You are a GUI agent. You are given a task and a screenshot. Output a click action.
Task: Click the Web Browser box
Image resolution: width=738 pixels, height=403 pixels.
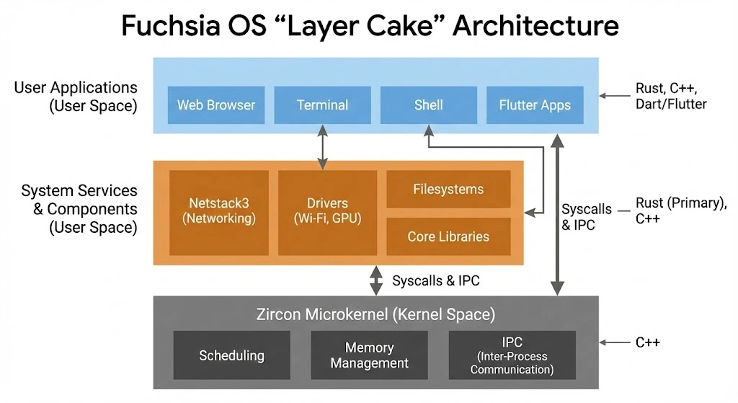(x=216, y=105)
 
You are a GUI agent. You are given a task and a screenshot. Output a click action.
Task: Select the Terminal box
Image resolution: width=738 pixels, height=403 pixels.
(x=322, y=105)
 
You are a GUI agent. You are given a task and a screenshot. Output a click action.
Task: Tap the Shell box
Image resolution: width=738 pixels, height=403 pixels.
(x=428, y=105)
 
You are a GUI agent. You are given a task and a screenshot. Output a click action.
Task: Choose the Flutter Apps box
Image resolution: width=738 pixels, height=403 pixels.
(x=535, y=105)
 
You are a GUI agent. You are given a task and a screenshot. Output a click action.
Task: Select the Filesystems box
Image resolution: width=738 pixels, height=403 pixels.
(x=448, y=190)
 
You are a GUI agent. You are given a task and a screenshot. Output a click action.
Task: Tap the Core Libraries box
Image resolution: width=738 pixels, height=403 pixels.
(x=448, y=236)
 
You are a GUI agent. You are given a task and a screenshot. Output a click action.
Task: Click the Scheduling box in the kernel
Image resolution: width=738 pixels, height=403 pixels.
(x=231, y=355)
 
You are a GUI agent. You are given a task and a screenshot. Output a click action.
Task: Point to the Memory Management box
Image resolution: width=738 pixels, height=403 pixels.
(x=369, y=355)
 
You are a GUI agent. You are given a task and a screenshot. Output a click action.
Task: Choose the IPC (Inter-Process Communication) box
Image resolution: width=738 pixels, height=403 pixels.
(x=512, y=355)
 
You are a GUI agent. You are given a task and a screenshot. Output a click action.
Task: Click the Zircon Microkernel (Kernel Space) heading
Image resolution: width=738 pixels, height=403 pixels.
(x=375, y=314)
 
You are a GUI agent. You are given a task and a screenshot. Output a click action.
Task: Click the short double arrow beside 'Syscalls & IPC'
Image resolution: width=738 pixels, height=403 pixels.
(x=375, y=280)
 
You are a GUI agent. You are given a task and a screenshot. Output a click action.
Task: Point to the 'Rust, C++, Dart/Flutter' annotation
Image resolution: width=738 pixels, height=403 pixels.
(x=670, y=96)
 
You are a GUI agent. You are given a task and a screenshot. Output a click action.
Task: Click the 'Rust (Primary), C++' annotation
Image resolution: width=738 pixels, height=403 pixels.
(x=680, y=211)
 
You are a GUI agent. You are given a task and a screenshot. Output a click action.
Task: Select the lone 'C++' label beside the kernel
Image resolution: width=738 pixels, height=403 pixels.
(x=647, y=342)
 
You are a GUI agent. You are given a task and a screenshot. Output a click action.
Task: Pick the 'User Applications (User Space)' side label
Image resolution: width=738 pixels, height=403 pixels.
(x=76, y=97)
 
